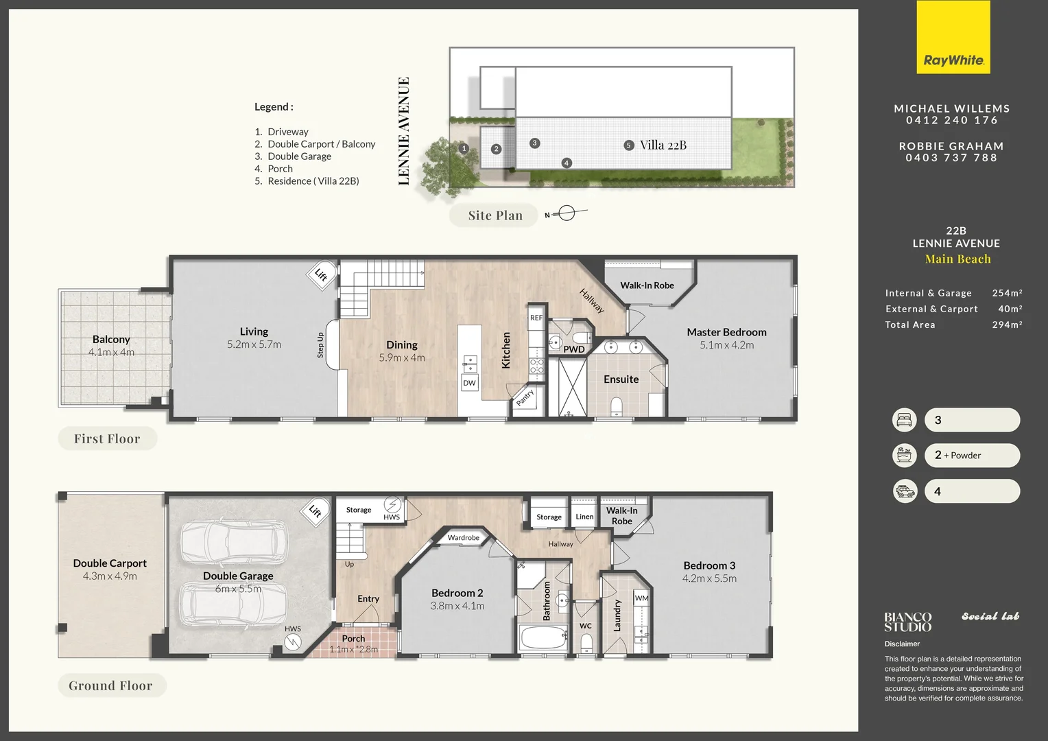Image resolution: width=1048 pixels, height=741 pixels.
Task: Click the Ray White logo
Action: pyautogui.click(x=953, y=38)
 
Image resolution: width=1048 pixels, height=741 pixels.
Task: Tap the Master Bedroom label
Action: pyautogui.click(x=726, y=332)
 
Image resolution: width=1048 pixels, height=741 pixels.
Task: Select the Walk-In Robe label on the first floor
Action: pyautogui.click(x=647, y=285)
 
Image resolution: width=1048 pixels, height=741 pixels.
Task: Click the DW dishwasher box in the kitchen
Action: pyautogui.click(x=469, y=383)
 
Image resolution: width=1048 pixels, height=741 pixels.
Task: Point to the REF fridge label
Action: pyautogui.click(x=536, y=318)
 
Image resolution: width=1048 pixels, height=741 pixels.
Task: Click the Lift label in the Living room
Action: pyautogui.click(x=321, y=274)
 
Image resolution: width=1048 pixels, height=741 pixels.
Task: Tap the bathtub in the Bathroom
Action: pyautogui.click(x=544, y=639)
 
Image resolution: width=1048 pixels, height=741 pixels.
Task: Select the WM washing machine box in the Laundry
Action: pyautogui.click(x=641, y=598)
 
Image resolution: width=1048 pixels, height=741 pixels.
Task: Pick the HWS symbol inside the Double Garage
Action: pyautogui.click(x=293, y=642)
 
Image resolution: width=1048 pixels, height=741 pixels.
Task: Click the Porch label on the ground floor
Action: pyautogui.click(x=353, y=638)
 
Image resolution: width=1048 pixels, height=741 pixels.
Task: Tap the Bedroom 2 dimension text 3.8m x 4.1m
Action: pyautogui.click(x=457, y=606)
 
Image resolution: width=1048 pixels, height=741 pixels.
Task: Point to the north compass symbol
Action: pyautogui.click(x=566, y=214)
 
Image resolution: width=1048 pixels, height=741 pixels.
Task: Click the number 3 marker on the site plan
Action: pyautogui.click(x=534, y=143)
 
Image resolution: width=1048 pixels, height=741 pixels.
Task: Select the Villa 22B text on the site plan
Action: pyautogui.click(x=663, y=145)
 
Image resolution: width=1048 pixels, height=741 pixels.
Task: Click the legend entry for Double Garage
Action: pyautogui.click(x=299, y=156)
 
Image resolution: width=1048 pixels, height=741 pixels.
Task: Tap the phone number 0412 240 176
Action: pyautogui.click(x=951, y=120)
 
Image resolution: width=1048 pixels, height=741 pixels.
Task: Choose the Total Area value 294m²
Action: pyautogui.click(x=1007, y=325)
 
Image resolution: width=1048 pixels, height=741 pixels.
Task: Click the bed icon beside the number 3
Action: pyautogui.click(x=904, y=420)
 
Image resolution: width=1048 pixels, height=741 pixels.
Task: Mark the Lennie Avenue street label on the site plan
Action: pyautogui.click(x=403, y=130)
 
